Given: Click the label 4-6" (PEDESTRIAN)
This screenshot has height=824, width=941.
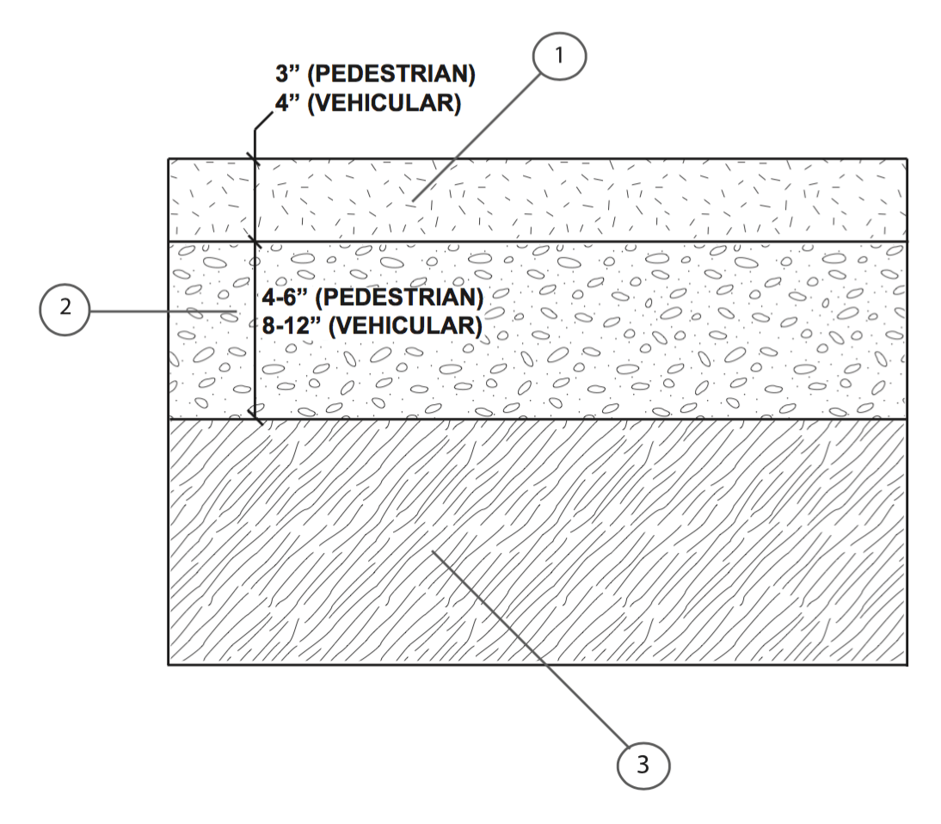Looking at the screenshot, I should pyautogui.click(x=372, y=299).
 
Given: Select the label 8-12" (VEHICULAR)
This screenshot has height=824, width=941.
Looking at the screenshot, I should pyautogui.click(x=372, y=327).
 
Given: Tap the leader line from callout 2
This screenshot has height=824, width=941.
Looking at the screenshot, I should pyautogui.click(x=163, y=311).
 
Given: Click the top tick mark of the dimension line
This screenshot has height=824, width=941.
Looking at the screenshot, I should pyautogui.click(x=255, y=159).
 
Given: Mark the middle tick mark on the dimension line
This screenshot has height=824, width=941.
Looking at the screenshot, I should pyautogui.click(x=255, y=242).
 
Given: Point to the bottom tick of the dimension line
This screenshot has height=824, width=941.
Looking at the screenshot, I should pyautogui.click(x=255, y=419).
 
